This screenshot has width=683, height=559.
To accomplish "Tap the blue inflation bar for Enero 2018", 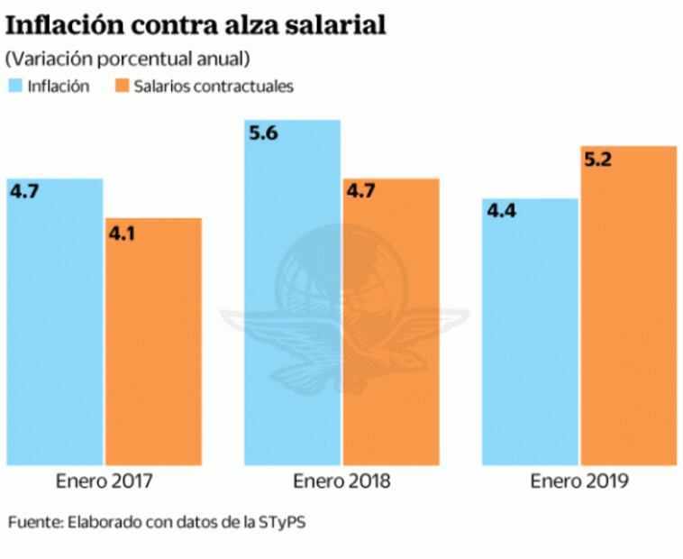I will point(293,298).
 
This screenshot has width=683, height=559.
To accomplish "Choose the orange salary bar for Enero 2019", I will point(628,307).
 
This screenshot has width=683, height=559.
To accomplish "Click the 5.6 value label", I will point(262,133).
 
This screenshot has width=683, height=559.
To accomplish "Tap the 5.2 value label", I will point(598,160).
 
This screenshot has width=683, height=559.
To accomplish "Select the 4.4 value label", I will point(501,213).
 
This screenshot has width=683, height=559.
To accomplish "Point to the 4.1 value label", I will point(123,233).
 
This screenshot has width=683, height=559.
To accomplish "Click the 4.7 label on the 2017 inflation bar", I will point(25,192).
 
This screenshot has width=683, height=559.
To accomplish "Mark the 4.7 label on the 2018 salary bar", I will point(361,192).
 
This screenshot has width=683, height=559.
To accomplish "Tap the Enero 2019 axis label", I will point(578,481).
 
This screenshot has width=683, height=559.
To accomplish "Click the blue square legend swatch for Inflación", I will point(14,87).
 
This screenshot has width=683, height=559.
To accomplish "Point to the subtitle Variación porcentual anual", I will point(127,59).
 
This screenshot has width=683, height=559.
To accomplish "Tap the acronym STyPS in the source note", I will point(291,523).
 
